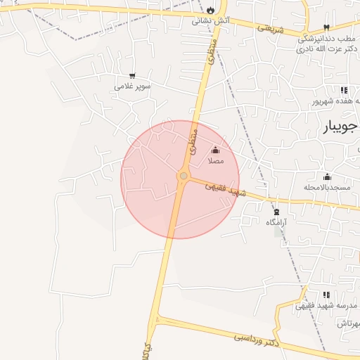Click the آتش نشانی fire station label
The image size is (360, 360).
coord(212,21)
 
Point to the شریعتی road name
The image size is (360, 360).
coord(270,30)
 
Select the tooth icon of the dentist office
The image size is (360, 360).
coord(326,27)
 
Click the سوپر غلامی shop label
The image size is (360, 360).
coord(132,88)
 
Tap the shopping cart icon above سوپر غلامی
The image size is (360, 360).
coord(132,76)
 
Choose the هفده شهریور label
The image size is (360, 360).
coord(338,101)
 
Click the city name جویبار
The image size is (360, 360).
coord(341,127)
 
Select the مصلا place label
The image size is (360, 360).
coord(215,161)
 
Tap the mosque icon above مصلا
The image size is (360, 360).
coord(215,150)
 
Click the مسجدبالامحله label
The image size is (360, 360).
coord(327,188)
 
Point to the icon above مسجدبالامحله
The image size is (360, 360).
coord(327,176)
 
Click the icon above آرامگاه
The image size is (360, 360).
coord(276,211)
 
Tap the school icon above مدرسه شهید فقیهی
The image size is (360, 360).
coord(326,295)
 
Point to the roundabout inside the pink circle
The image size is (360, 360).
coord(183,176)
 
